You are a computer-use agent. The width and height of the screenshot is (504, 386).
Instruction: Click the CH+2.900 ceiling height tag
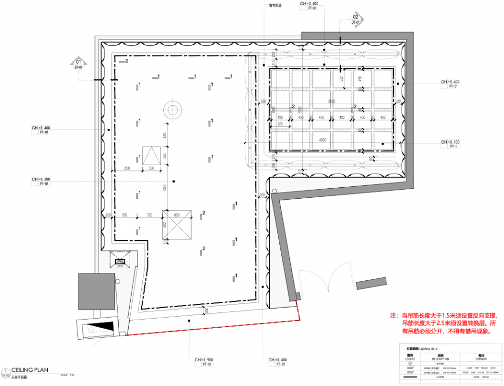pyautogui.click(x=203, y=361)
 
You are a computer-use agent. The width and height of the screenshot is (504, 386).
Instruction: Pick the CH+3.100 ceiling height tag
pyautogui.click(x=451, y=144)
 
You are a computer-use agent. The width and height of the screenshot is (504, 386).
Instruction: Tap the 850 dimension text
pyautogui.click(x=127, y=168)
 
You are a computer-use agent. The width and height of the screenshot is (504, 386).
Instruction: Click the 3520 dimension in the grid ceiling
pyautogui.click(x=331, y=100)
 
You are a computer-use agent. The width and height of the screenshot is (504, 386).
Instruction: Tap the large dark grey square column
pyautogui.click(x=96, y=292)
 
